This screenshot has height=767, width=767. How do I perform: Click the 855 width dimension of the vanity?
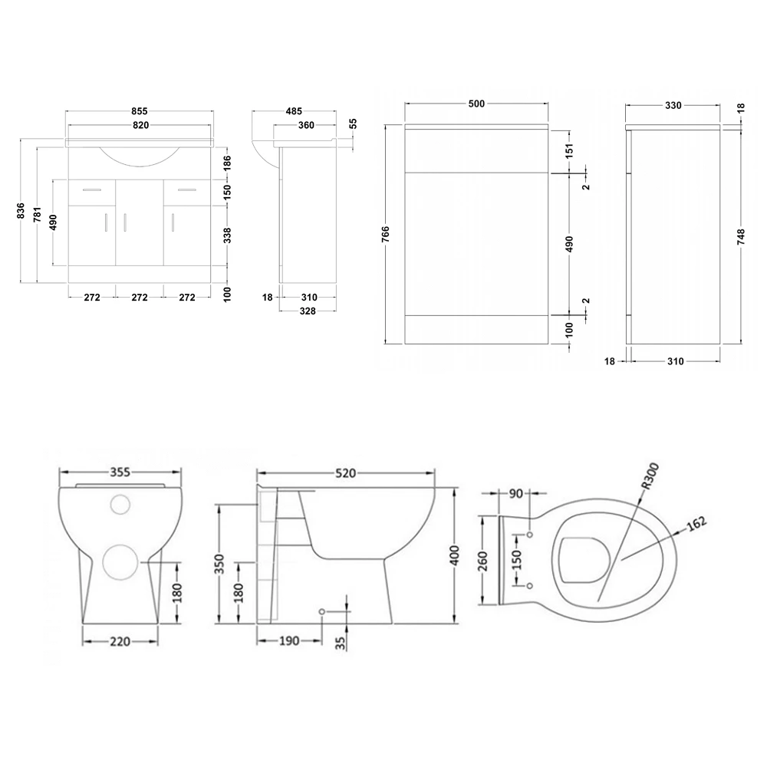[139, 111]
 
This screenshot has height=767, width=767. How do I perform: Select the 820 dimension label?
[139, 125]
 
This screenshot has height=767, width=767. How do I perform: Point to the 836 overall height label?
[21, 211]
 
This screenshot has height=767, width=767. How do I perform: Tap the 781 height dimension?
[37, 217]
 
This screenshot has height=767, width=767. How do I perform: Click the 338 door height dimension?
[227, 234]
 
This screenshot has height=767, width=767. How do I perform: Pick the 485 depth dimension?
[292, 111]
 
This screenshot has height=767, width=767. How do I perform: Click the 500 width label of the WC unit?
[476, 104]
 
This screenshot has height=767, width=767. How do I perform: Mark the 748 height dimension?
[740, 237]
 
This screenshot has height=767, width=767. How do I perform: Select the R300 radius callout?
[649, 477]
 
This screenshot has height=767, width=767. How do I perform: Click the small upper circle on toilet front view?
[120, 504]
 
